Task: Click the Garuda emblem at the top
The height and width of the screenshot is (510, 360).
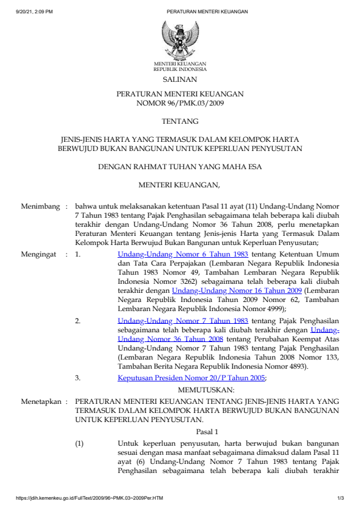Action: pos(179,39)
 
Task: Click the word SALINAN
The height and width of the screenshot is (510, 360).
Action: pos(179,79)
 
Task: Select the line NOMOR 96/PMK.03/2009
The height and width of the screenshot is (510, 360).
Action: pos(180,103)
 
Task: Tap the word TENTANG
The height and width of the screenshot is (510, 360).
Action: pos(179,121)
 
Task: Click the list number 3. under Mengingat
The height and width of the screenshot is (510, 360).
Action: pos(78,378)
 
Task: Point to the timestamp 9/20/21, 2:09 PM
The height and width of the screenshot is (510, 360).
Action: pos(35,12)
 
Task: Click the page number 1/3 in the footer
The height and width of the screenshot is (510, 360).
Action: pos(340,498)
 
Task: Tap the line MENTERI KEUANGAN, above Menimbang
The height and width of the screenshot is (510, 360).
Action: pos(180,184)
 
